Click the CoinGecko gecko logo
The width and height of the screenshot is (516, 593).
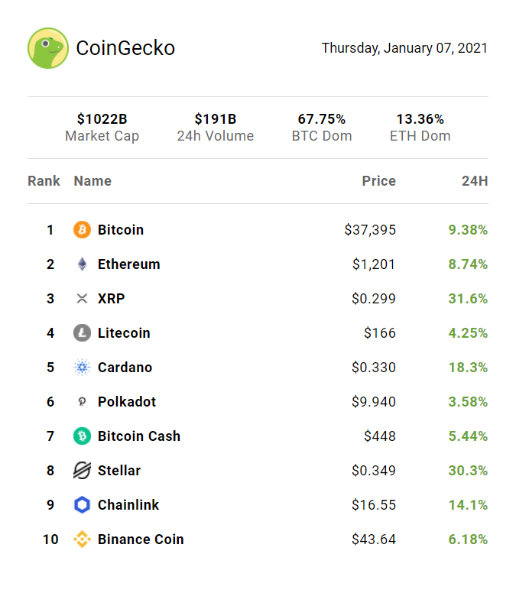(x=48, y=48)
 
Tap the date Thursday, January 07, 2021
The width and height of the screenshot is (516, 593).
(x=404, y=48)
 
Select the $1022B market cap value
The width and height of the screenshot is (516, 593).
(x=102, y=119)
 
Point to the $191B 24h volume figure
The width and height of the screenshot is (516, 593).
(x=215, y=119)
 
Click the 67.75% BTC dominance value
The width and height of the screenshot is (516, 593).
(x=322, y=119)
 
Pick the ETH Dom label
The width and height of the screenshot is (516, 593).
(x=420, y=136)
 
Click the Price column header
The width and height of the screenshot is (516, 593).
(x=378, y=181)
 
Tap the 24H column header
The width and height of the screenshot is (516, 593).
(x=475, y=181)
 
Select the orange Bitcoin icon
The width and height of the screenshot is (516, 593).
(x=82, y=229)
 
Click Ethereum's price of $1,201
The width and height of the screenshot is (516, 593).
(x=374, y=264)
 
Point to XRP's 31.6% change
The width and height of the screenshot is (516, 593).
(x=468, y=299)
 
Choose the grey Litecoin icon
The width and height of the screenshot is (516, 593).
(x=82, y=333)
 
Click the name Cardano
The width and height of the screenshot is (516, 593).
(x=125, y=368)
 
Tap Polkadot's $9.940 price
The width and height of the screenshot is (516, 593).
(x=374, y=402)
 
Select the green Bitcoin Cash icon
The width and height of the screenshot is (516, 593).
(x=82, y=436)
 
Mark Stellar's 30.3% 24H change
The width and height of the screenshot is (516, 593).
(x=468, y=471)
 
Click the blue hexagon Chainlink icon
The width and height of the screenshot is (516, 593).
(x=82, y=505)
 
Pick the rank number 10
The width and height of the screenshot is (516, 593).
(x=50, y=540)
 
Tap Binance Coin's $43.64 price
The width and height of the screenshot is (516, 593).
(x=374, y=540)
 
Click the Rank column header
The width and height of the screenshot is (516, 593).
(x=44, y=181)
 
